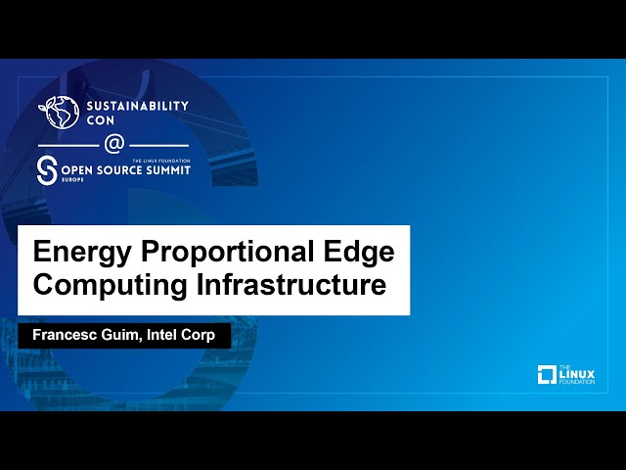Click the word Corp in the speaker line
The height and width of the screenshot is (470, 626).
[x=208, y=335]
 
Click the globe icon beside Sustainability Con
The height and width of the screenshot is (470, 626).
[x=58, y=112]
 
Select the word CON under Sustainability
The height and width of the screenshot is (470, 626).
[x=100, y=120]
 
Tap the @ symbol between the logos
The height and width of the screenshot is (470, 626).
[x=113, y=144]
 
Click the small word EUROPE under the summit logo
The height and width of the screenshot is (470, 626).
[x=71, y=181]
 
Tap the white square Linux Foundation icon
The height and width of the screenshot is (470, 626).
[x=548, y=374]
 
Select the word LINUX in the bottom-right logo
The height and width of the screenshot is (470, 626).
[x=577, y=373]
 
